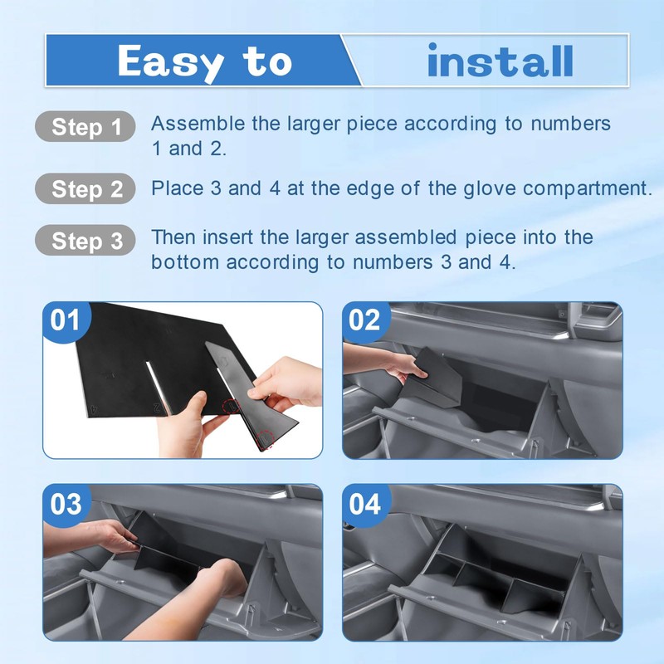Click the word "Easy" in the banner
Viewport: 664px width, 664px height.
171,61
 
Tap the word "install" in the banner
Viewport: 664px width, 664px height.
500,60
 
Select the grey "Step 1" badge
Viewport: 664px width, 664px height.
85,126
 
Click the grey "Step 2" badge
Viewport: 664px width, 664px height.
85,188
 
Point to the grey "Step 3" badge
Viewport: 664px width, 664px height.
85,240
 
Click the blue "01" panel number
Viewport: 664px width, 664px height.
65,320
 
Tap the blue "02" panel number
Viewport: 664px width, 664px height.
364,320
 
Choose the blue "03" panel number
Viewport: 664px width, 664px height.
66,504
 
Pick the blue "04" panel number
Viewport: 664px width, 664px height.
364,504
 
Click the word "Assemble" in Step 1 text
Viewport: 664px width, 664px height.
198,124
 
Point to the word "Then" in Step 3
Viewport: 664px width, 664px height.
172,237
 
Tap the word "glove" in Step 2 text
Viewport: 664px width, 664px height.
490,189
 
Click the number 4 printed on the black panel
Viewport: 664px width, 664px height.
94,409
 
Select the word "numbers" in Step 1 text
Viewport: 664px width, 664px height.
570,124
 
